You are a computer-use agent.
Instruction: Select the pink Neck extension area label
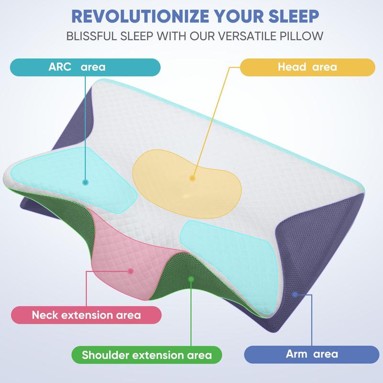(86, 315)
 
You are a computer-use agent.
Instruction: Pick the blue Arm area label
(312, 355)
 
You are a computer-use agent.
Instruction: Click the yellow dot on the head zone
(192, 178)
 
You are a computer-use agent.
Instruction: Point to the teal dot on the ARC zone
(86, 182)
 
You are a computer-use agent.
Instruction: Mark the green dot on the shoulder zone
(191, 279)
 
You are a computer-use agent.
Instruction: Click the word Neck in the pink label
(45, 315)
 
